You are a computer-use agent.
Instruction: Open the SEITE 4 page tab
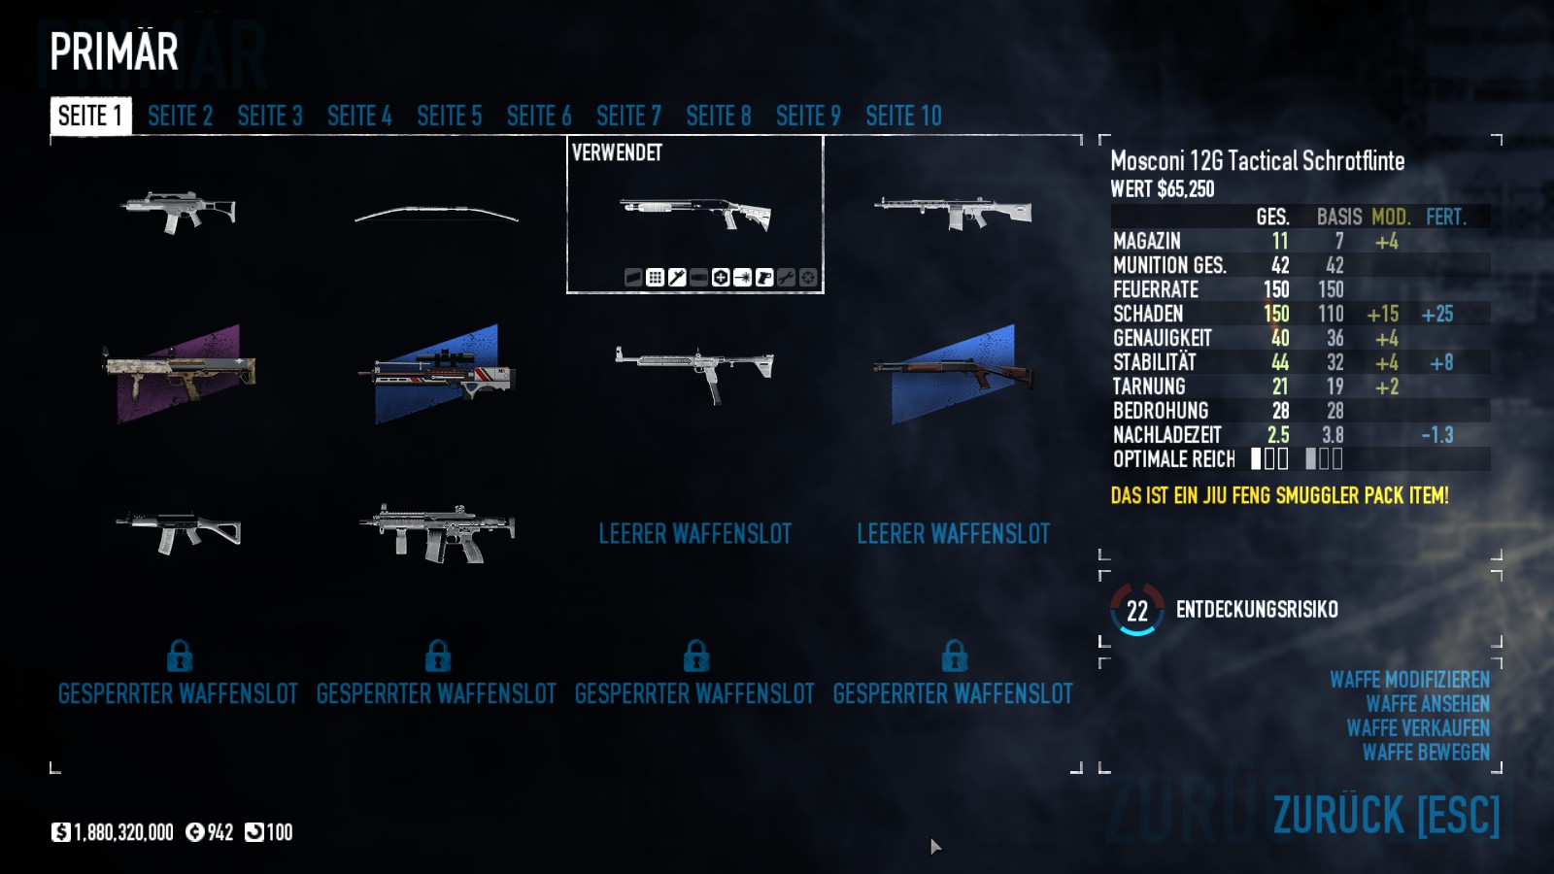coord(359,116)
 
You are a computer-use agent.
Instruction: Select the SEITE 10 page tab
coord(904,116)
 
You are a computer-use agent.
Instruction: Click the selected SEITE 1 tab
coord(91,116)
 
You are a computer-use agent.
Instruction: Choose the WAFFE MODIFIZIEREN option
coord(1409,680)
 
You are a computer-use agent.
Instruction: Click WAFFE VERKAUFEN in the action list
coord(1418,728)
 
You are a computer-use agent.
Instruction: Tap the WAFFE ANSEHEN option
coord(1428,704)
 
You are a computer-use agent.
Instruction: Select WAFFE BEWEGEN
coord(1427,753)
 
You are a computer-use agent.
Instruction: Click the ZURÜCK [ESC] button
coord(1386,815)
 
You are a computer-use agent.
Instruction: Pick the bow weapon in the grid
coord(436,215)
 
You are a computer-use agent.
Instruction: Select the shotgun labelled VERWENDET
coord(695,213)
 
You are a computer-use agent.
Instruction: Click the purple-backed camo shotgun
coord(179,373)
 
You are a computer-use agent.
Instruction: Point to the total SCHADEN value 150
coord(1276,315)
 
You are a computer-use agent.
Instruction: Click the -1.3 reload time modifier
coord(1436,436)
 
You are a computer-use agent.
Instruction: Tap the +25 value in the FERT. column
coord(1436,315)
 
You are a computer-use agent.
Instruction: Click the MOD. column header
coord(1391,218)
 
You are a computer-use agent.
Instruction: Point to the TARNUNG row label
coord(1149,387)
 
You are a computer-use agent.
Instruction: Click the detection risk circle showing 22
coord(1137,610)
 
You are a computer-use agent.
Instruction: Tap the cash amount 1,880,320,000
coord(123,832)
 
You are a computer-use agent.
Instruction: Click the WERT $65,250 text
coord(1162,189)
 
